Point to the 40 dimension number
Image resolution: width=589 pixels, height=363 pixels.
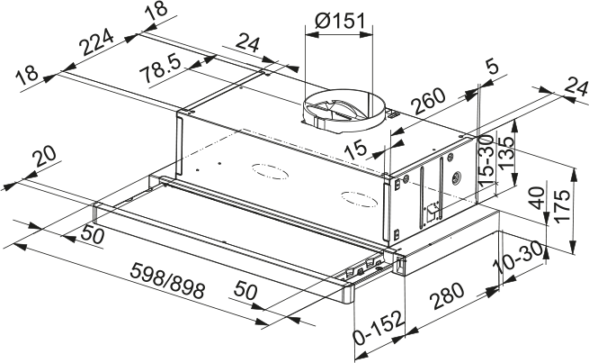(x=537, y=197)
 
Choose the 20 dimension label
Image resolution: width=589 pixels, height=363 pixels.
(x=41, y=160)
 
